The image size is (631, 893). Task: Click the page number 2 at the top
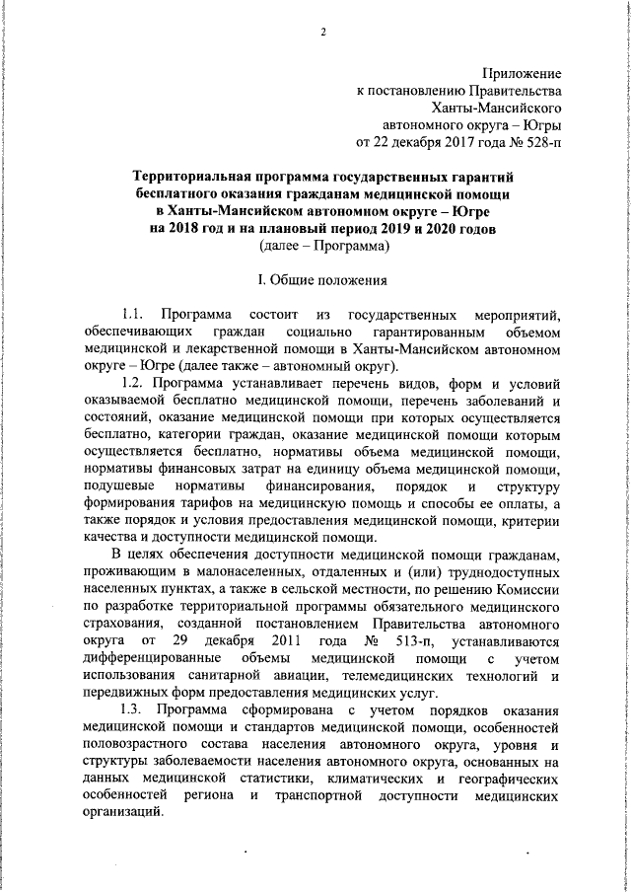point(322,33)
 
